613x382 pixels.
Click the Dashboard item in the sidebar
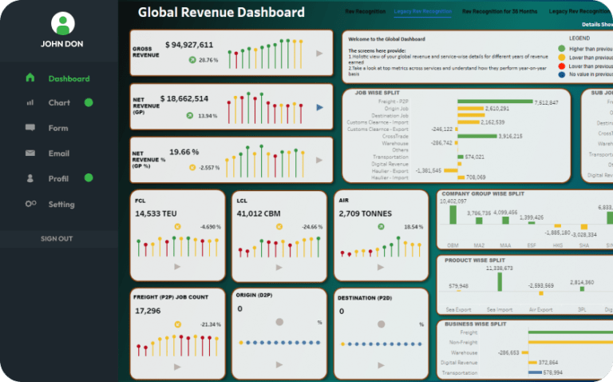pyautogui.click(x=68, y=78)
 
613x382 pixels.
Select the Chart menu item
pyautogui.click(x=59, y=103)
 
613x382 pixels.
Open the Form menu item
pyautogui.click(x=58, y=128)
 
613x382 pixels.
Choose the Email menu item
pyautogui.click(x=59, y=153)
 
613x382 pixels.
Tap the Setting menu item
pyautogui.click(x=61, y=204)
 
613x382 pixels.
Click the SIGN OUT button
pyautogui.click(x=57, y=239)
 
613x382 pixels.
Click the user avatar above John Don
pyautogui.click(x=61, y=23)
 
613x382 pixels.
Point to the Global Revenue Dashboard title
pyautogui.click(x=221, y=13)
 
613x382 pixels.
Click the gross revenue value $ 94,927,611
pyautogui.click(x=189, y=45)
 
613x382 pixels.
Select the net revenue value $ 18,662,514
pyautogui.click(x=184, y=99)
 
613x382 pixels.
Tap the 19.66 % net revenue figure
pyautogui.click(x=184, y=152)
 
